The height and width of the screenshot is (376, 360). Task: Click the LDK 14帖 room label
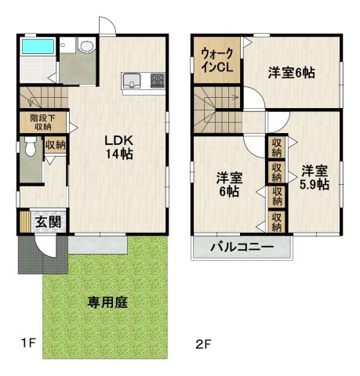119,146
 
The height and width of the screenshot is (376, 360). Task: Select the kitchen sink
131,80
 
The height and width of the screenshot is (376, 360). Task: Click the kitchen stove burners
157,80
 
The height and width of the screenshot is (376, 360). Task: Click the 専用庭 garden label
107,301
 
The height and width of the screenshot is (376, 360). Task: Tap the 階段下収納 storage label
41,122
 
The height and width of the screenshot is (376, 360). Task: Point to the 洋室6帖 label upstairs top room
292,73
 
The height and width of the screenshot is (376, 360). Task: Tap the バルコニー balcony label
242,248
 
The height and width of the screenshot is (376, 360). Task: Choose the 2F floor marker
203,342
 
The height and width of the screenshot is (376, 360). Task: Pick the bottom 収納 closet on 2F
277,222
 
